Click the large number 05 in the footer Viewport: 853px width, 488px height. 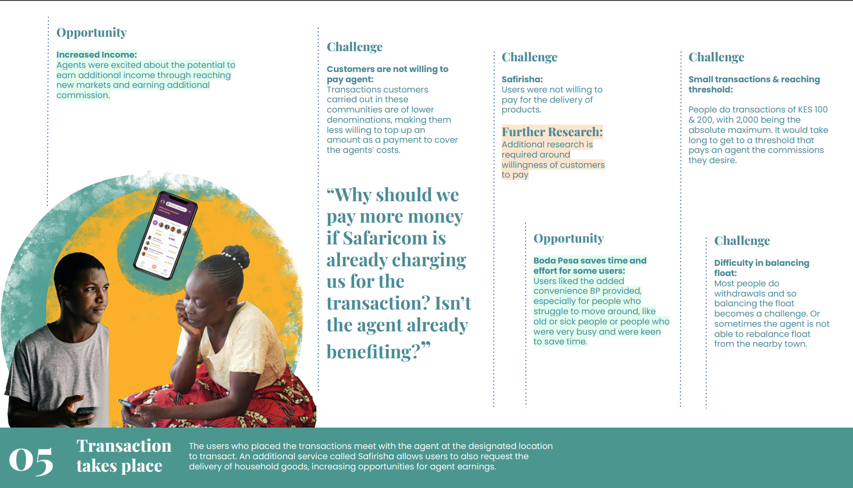pyautogui.click(x=31, y=461)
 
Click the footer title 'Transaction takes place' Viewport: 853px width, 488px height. pyautogui.click(x=124, y=455)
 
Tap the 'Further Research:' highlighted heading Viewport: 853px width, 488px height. pyautogui.click(x=552, y=132)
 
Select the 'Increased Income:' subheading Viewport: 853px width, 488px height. pyautogui.click(x=97, y=55)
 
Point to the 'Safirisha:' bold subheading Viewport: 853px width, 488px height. pyautogui.click(x=522, y=79)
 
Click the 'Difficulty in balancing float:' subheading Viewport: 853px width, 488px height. pyautogui.click(x=761, y=268)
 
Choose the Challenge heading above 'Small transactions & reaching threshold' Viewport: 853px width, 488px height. pyautogui.click(x=716, y=57)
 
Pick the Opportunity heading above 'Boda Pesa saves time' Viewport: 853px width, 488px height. pyautogui.click(x=569, y=238)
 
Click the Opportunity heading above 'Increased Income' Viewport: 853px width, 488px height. pyautogui.click(x=92, y=33)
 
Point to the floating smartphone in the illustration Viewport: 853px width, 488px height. pyautogui.click(x=165, y=235)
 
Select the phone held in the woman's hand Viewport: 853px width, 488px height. pyautogui.click(x=128, y=404)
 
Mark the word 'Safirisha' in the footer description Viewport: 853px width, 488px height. pyautogui.click(x=376, y=456)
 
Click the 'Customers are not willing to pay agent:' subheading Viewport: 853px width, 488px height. pyautogui.click(x=387, y=74)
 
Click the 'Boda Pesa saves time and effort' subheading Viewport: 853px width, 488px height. pyautogui.click(x=590, y=266)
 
